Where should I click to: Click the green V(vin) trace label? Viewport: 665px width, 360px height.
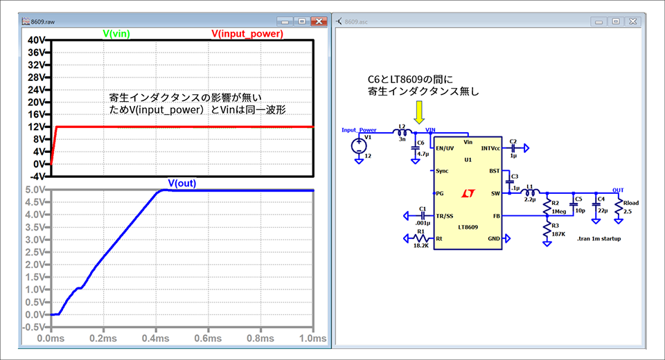click(x=116, y=34)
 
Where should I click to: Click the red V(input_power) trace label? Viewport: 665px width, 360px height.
click(x=247, y=34)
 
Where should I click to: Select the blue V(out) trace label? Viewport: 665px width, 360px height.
click(x=182, y=183)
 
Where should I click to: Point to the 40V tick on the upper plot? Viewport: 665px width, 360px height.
click(x=37, y=40)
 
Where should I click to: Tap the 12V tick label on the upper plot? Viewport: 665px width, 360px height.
click(x=37, y=127)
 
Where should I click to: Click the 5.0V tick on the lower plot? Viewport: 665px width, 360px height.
click(x=35, y=190)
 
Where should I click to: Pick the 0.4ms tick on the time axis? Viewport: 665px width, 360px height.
click(x=156, y=339)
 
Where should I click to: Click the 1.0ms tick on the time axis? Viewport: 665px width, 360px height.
click(x=313, y=339)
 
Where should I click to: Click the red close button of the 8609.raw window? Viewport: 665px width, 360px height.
click(x=319, y=21)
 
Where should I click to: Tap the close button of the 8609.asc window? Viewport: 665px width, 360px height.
click(x=632, y=21)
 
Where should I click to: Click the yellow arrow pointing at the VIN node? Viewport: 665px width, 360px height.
click(x=419, y=112)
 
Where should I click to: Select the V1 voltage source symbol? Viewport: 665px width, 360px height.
click(x=359, y=146)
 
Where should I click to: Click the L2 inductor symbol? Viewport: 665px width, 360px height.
click(x=402, y=133)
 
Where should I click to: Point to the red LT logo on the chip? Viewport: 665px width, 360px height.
click(x=468, y=193)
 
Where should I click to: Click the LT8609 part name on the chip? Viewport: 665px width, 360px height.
click(x=468, y=227)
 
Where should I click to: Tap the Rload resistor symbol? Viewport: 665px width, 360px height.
click(x=619, y=208)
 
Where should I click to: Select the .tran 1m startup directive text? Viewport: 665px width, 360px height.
click(x=598, y=239)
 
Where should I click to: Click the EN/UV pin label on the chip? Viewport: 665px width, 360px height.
click(x=445, y=148)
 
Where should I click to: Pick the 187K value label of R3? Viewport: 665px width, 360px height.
click(x=558, y=234)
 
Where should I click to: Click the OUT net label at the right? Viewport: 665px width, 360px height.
click(x=618, y=190)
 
